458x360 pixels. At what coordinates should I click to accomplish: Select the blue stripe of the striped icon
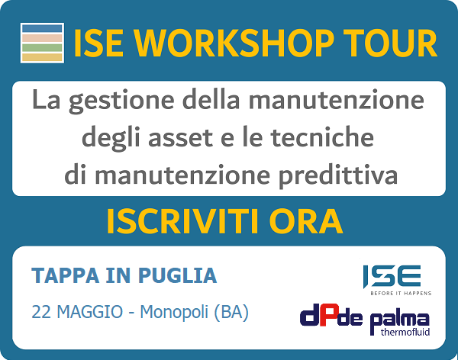point(42,28)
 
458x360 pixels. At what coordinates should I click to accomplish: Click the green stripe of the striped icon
point(42,47)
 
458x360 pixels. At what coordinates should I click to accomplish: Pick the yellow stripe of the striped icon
point(42,57)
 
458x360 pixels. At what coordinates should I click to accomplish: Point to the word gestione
point(121,101)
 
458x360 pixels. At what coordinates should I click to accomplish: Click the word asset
point(180,138)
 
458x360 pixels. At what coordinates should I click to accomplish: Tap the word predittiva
point(338,175)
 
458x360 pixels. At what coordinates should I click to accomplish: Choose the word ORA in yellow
point(308,222)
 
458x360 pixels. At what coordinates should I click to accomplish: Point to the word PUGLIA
point(177,275)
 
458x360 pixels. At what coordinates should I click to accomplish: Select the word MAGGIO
point(90,312)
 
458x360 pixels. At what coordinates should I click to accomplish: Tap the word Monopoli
point(174,313)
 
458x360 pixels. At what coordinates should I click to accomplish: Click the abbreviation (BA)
point(231,313)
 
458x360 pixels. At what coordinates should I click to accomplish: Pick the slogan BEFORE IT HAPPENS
point(401,293)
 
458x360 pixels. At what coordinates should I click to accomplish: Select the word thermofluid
point(405,333)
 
